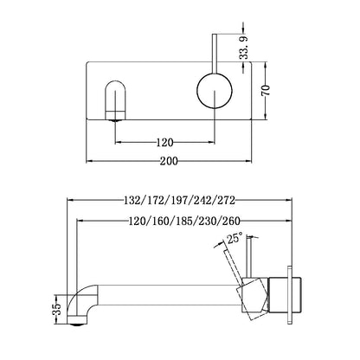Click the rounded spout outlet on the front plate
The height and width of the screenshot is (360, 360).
[113, 97]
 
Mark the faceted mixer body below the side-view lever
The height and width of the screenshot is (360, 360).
[253, 295]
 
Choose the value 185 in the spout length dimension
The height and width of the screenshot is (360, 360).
[181, 221]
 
